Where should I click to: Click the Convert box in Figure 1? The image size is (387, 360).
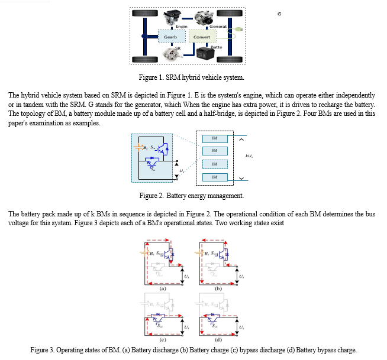pos(202,37)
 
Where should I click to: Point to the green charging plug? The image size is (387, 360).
pos(238,29)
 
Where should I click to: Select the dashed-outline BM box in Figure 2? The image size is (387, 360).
pos(214,164)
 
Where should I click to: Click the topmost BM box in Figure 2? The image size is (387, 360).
pos(214,138)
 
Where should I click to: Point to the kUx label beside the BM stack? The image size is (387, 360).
pos(249,157)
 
